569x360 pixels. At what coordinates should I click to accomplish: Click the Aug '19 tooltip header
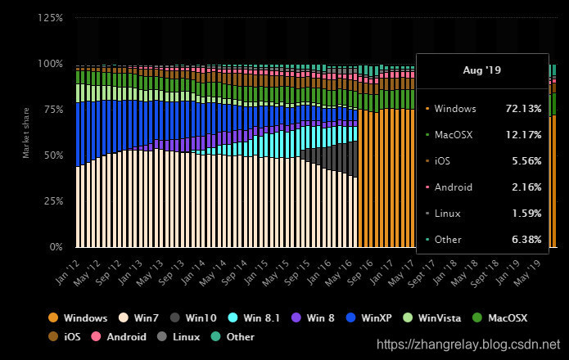(481, 70)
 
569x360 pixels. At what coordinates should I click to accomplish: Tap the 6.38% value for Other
(524, 239)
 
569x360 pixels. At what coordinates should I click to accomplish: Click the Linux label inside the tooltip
(449, 213)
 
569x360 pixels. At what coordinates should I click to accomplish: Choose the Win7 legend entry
(142, 317)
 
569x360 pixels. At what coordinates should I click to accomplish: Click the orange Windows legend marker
(53, 317)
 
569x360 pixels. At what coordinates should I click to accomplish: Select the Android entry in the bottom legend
(120, 336)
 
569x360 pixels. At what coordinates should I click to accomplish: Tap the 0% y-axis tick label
(56, 246)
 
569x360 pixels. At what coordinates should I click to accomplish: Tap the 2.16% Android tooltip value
(524, 187)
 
